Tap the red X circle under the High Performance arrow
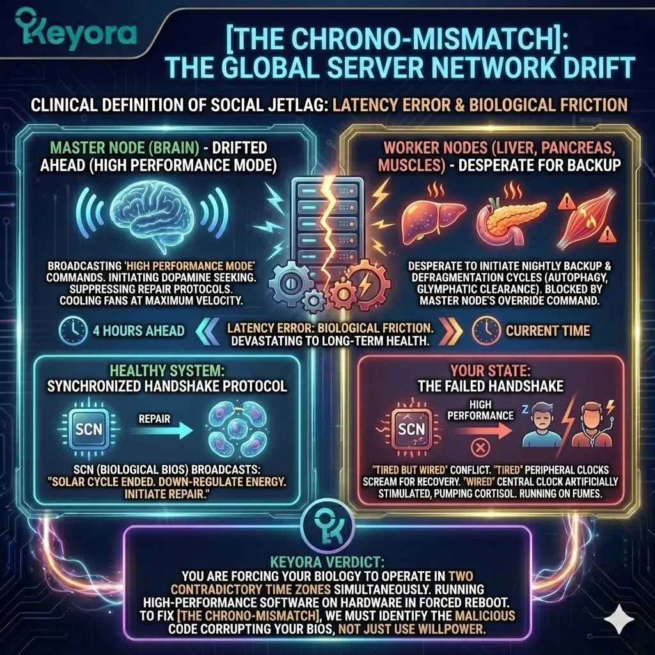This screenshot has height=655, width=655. (475, 445)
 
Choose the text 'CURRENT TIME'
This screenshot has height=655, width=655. (548, 330)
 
